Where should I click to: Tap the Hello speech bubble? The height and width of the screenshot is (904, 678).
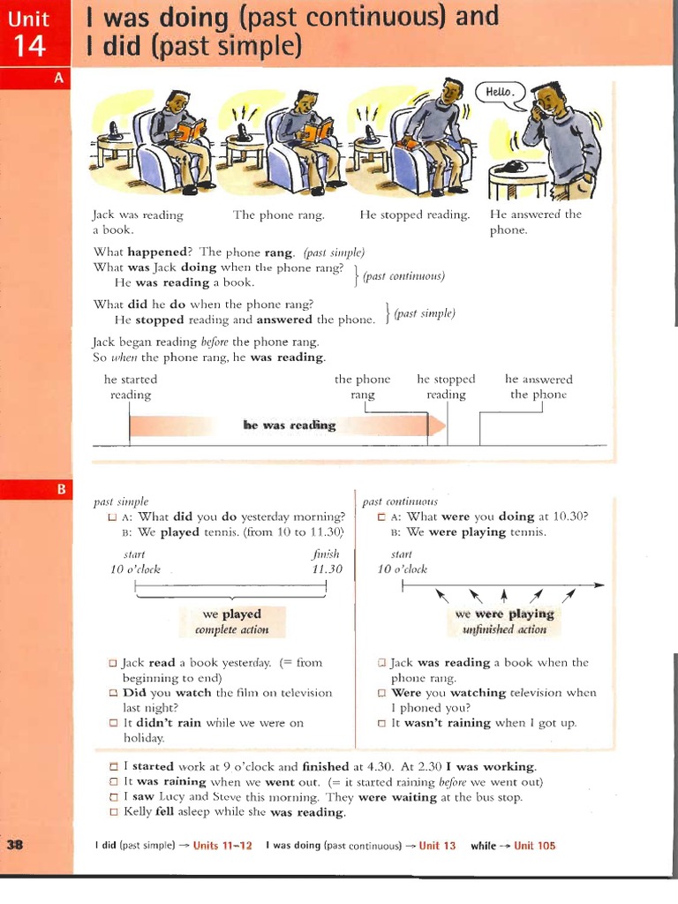499,93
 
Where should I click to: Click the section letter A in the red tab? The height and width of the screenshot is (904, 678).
59,79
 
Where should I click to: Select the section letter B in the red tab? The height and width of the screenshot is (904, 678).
59,488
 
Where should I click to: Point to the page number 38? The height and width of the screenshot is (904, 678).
15,845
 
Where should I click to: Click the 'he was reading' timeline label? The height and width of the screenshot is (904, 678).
290,426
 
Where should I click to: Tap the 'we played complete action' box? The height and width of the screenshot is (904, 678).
231,621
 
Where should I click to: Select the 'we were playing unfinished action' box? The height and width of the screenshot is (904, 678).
504,621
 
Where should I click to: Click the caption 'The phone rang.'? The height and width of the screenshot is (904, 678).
278,215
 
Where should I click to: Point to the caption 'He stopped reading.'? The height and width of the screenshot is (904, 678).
414,215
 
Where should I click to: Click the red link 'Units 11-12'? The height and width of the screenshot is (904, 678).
222,846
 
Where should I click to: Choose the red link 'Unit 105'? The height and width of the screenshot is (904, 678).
535,846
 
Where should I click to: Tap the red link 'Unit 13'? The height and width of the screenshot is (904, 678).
437,846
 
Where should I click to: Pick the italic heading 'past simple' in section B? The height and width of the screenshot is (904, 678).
121,501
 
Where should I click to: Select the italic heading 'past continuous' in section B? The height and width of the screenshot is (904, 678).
400,501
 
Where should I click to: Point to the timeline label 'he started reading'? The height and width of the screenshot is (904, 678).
130,387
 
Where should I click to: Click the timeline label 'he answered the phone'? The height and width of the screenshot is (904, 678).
538,387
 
